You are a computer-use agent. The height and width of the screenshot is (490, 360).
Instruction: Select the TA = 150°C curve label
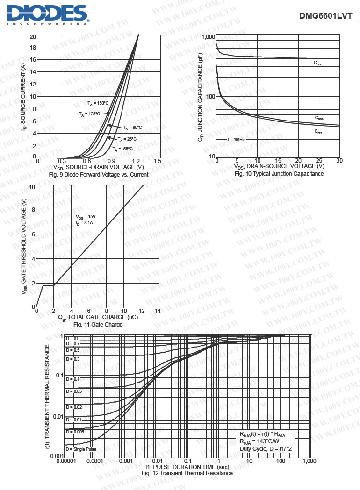98,103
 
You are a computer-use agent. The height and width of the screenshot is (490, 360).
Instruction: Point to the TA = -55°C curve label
122,149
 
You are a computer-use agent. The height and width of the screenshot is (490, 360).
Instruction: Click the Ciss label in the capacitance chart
317,63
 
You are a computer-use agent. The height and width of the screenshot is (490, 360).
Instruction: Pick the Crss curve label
318,132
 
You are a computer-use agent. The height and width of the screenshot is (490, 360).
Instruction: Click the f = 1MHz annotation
236,139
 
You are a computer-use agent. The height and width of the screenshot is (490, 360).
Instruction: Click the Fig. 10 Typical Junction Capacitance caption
279,174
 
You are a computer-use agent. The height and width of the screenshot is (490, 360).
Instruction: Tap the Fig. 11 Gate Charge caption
98,324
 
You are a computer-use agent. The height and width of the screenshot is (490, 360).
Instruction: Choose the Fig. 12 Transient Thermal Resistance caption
187,473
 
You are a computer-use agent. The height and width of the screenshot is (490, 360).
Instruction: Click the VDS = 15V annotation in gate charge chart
86,217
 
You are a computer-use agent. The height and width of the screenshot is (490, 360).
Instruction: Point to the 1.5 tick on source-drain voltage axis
157,161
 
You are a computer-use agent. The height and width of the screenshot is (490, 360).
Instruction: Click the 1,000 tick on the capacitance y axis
208,37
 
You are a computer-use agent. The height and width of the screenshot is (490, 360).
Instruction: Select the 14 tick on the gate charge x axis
157,311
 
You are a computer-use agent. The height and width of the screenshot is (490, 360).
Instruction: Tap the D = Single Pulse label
81,449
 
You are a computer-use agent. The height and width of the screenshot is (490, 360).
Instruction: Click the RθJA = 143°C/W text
259,441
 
